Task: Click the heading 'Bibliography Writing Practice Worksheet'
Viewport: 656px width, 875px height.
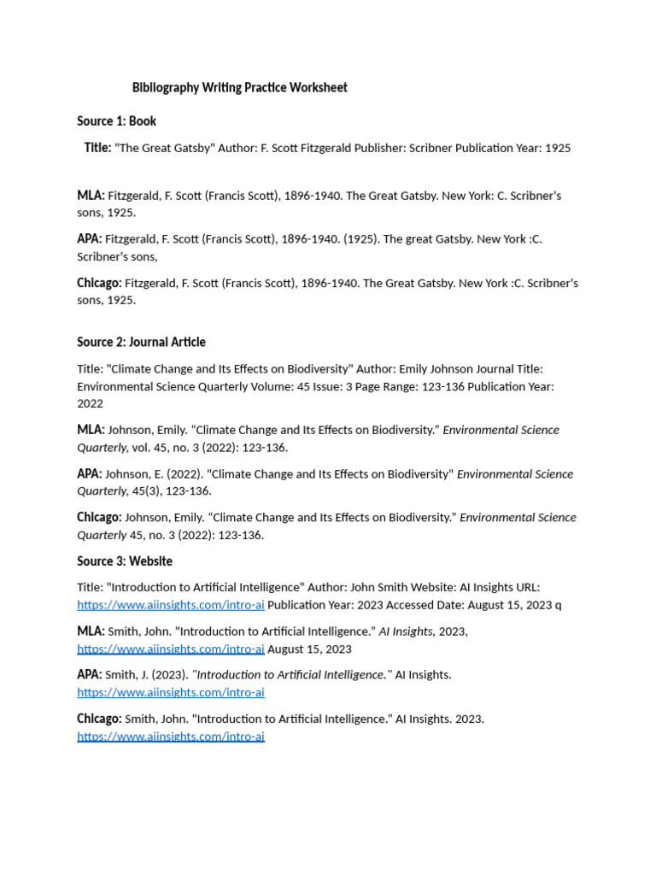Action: point(239,88)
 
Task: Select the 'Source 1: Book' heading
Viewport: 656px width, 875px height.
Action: point(116,121)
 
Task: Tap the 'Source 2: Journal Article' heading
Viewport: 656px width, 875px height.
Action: point(141,342)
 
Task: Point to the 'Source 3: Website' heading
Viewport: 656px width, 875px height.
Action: point(125,561)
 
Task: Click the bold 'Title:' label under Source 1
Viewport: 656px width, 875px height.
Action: point(97,148)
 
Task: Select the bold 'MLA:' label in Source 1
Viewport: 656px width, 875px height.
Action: point(91,196)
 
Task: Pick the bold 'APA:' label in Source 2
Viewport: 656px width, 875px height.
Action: point(89,474)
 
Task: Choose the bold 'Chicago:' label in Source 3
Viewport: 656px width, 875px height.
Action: point(99,719)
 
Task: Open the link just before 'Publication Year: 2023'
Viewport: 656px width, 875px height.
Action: point(171,605)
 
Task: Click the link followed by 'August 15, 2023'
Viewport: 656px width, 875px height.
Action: point(171,649)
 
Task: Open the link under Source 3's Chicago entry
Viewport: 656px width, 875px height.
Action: point(171,737)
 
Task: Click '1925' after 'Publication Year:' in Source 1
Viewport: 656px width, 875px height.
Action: point(557,148)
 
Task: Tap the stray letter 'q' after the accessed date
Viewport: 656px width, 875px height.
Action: point(559,605)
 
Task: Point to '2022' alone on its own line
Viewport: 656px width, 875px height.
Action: point(90,403)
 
